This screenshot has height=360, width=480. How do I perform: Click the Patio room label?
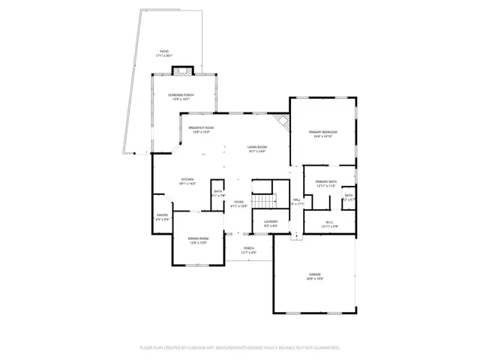coord(163,52)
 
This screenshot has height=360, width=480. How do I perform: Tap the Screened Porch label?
coord(180,94)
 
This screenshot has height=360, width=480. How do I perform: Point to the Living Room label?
coord(257,147)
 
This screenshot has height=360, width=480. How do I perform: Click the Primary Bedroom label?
coord(324,133)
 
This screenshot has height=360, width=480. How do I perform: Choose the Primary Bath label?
coord(325,182)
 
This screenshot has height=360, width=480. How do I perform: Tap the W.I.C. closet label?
coord(330,223)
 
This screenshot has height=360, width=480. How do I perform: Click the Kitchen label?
coord(187,179)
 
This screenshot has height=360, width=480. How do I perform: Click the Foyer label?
coord(238,202)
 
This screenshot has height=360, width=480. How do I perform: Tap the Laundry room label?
coord(271,221)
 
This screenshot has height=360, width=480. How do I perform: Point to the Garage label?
coord(314,275)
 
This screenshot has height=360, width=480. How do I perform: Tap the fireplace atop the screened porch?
coord(182,70)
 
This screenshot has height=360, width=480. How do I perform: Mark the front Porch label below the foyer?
coord(248,248)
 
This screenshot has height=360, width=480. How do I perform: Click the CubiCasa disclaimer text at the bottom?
coord(240,348)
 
